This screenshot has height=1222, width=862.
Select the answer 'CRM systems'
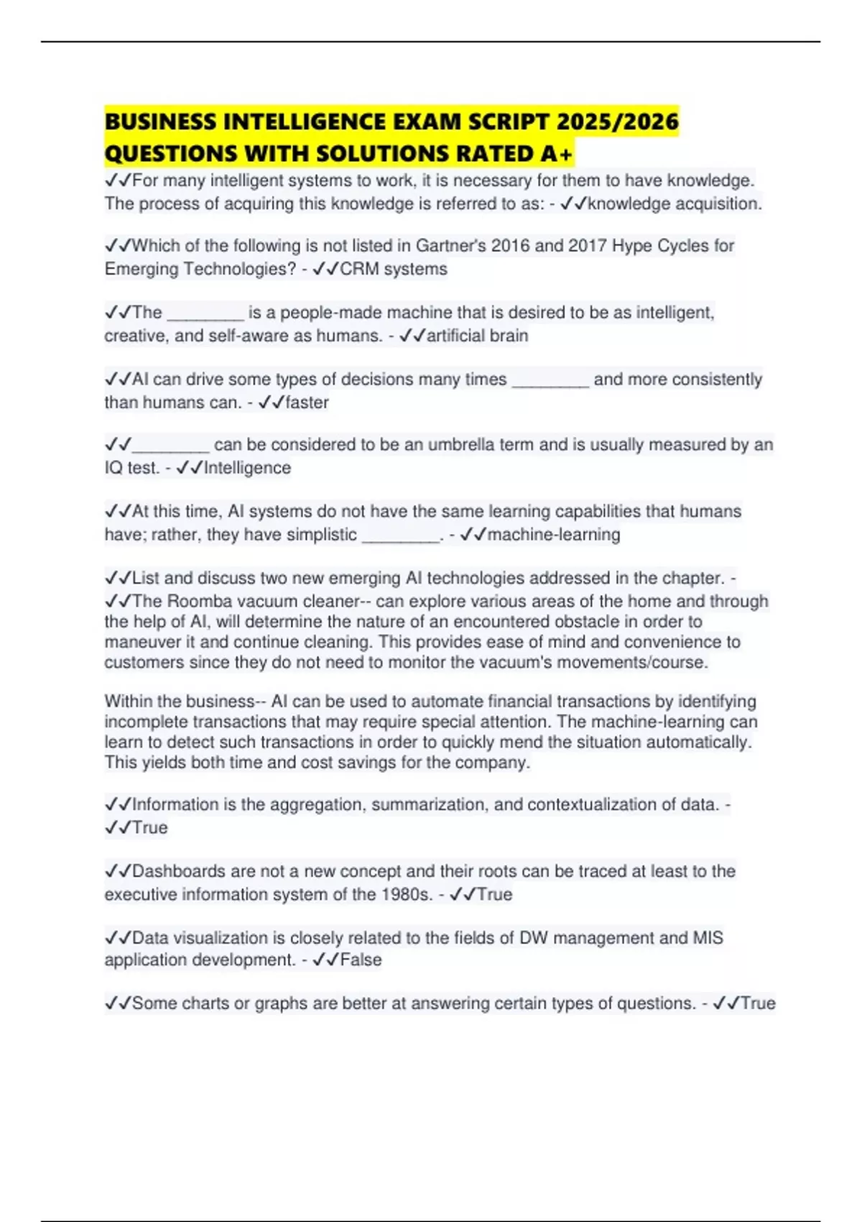coord(393,269)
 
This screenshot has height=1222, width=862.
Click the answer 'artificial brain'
coord(477,336)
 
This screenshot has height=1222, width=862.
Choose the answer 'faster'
coord(307,403)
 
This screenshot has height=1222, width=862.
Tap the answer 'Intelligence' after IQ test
coord(247,468)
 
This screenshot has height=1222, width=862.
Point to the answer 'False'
coord(361,960)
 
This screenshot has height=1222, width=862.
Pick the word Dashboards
coord(179,871)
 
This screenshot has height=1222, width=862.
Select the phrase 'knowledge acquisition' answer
coord(674,204)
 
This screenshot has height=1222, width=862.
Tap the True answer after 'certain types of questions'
coord(757,1003)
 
